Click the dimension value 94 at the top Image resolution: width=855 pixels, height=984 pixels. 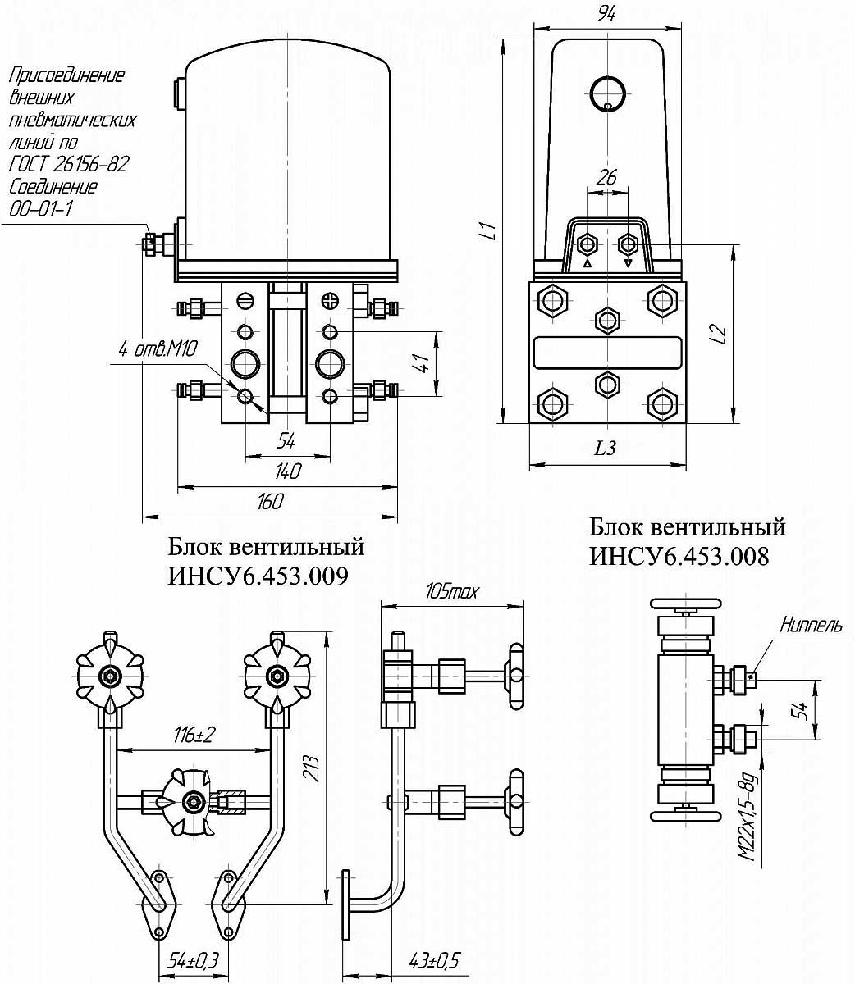click(x=607, y=12)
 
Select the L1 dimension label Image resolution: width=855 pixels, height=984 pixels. click(x=489, y=231)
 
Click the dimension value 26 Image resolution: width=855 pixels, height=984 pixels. click(x=607, y=176)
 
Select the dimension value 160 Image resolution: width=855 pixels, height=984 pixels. click(x=270, y=502)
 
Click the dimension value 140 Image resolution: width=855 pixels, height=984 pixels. click(x=287, y=471)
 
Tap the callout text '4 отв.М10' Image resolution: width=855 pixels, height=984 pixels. click(x=156, y=351)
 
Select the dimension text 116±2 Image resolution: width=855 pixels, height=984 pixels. click(x=194, y=736)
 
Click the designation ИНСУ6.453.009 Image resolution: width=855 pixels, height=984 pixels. click(x=258, y=576)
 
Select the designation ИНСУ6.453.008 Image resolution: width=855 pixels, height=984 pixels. click(x=679, y=556)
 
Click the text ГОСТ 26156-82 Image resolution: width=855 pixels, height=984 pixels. click(x=69, y=164)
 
